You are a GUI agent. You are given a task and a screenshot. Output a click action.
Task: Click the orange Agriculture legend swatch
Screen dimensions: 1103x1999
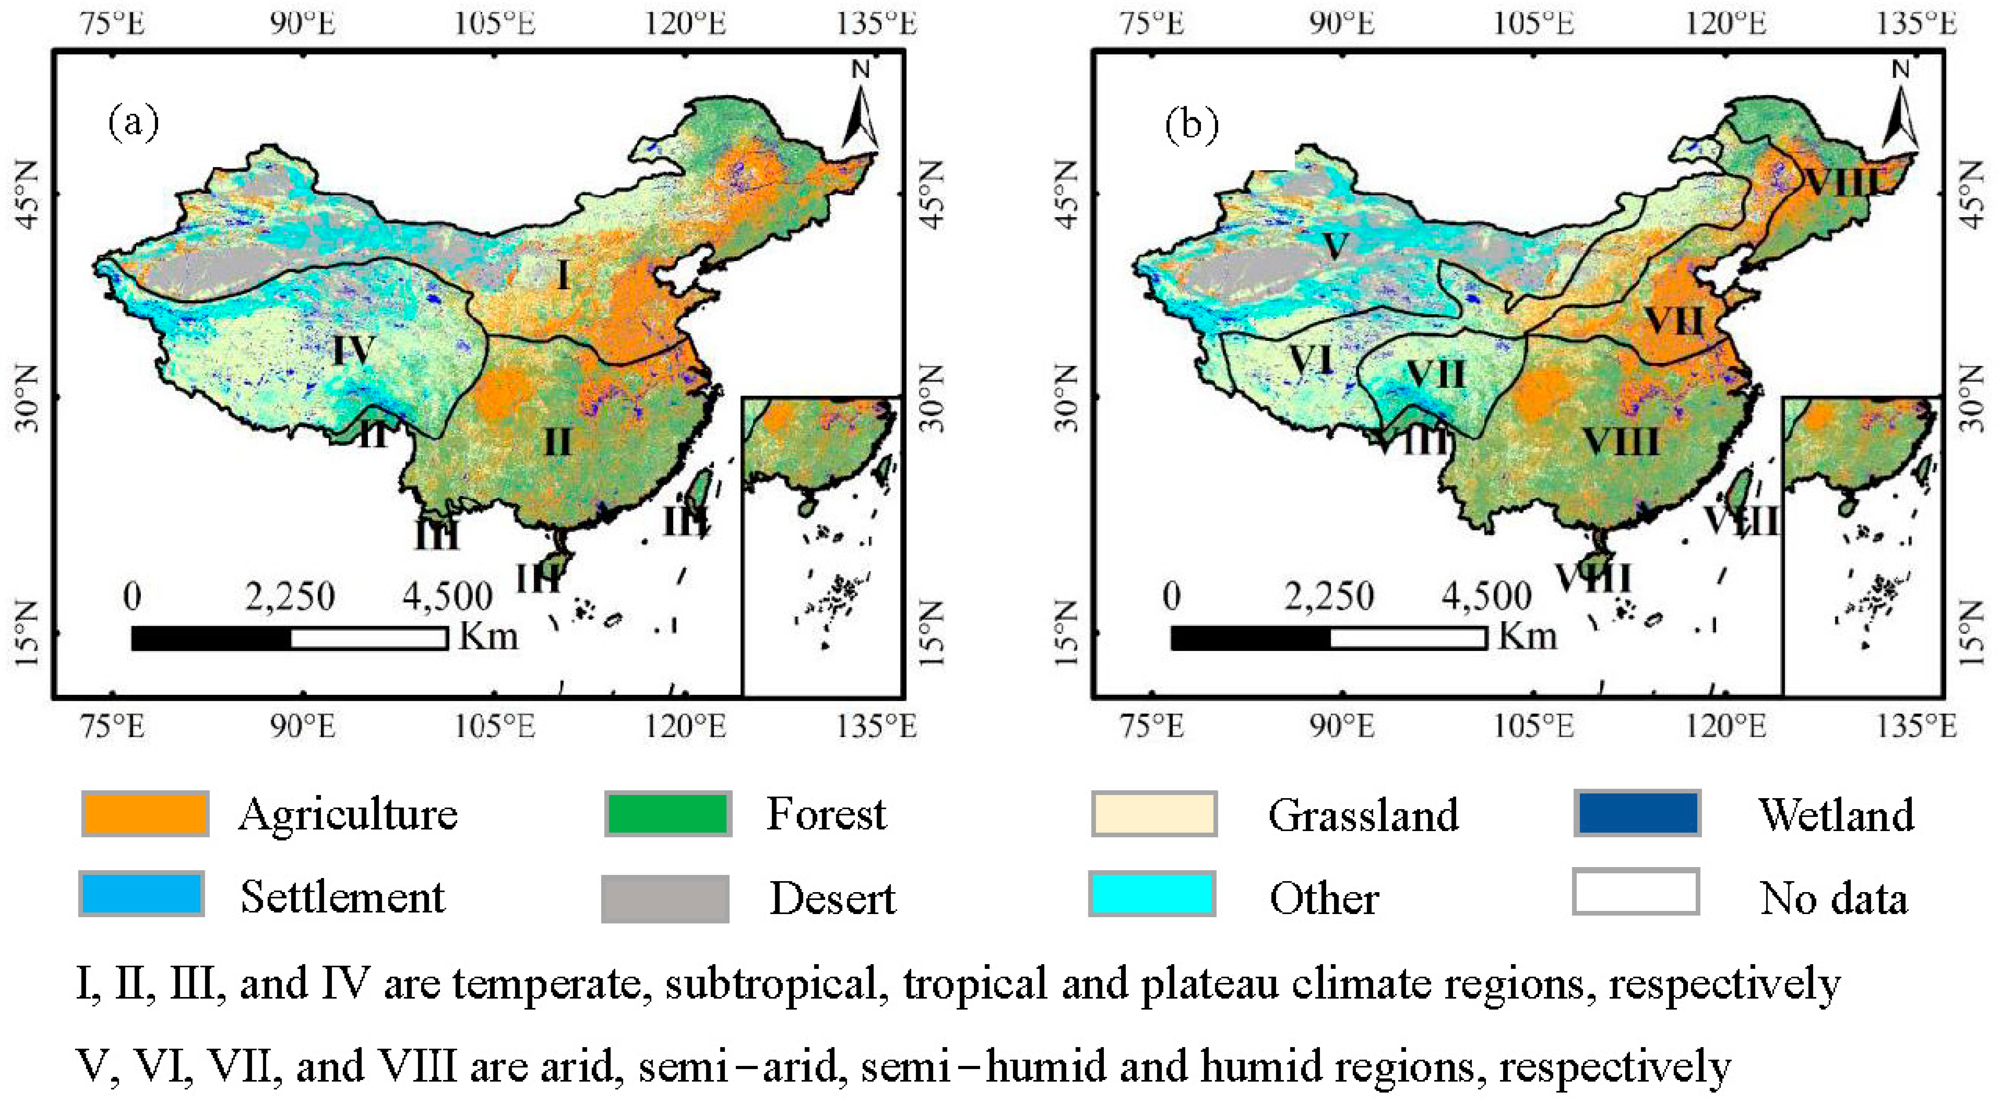coord(145,813)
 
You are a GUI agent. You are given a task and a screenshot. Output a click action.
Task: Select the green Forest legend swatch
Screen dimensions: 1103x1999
coord(668,813)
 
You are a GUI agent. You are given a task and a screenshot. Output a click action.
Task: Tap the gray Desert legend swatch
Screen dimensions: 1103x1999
coord(665,898)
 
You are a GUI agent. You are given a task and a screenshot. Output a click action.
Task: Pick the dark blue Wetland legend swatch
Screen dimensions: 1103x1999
coord(1637,813)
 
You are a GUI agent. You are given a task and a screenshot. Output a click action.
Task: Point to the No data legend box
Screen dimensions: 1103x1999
coord(1636,893)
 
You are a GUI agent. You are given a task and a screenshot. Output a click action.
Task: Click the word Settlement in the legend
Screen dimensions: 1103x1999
coord(342,897)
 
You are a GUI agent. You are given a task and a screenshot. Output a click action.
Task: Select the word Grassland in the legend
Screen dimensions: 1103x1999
coord(1363,815)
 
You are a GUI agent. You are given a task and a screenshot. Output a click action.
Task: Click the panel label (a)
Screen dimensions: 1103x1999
coord(134,123)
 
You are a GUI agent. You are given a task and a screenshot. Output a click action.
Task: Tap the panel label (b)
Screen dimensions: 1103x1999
coord(1191,124)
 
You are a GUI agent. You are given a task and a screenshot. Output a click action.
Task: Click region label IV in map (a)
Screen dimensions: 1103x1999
coord(354,350)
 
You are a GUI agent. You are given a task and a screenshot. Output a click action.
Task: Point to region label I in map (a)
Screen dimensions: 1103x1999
coord(563,275)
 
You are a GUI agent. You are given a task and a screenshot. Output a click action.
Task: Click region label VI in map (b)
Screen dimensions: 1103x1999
coord(1310,360)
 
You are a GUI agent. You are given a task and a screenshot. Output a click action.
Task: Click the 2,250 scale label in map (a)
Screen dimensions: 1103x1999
coord(290,597)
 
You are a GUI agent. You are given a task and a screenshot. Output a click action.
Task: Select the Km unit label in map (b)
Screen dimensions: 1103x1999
coord(1527,636)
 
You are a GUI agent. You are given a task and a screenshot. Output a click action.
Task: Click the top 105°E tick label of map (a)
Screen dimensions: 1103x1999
coord(494,23)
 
